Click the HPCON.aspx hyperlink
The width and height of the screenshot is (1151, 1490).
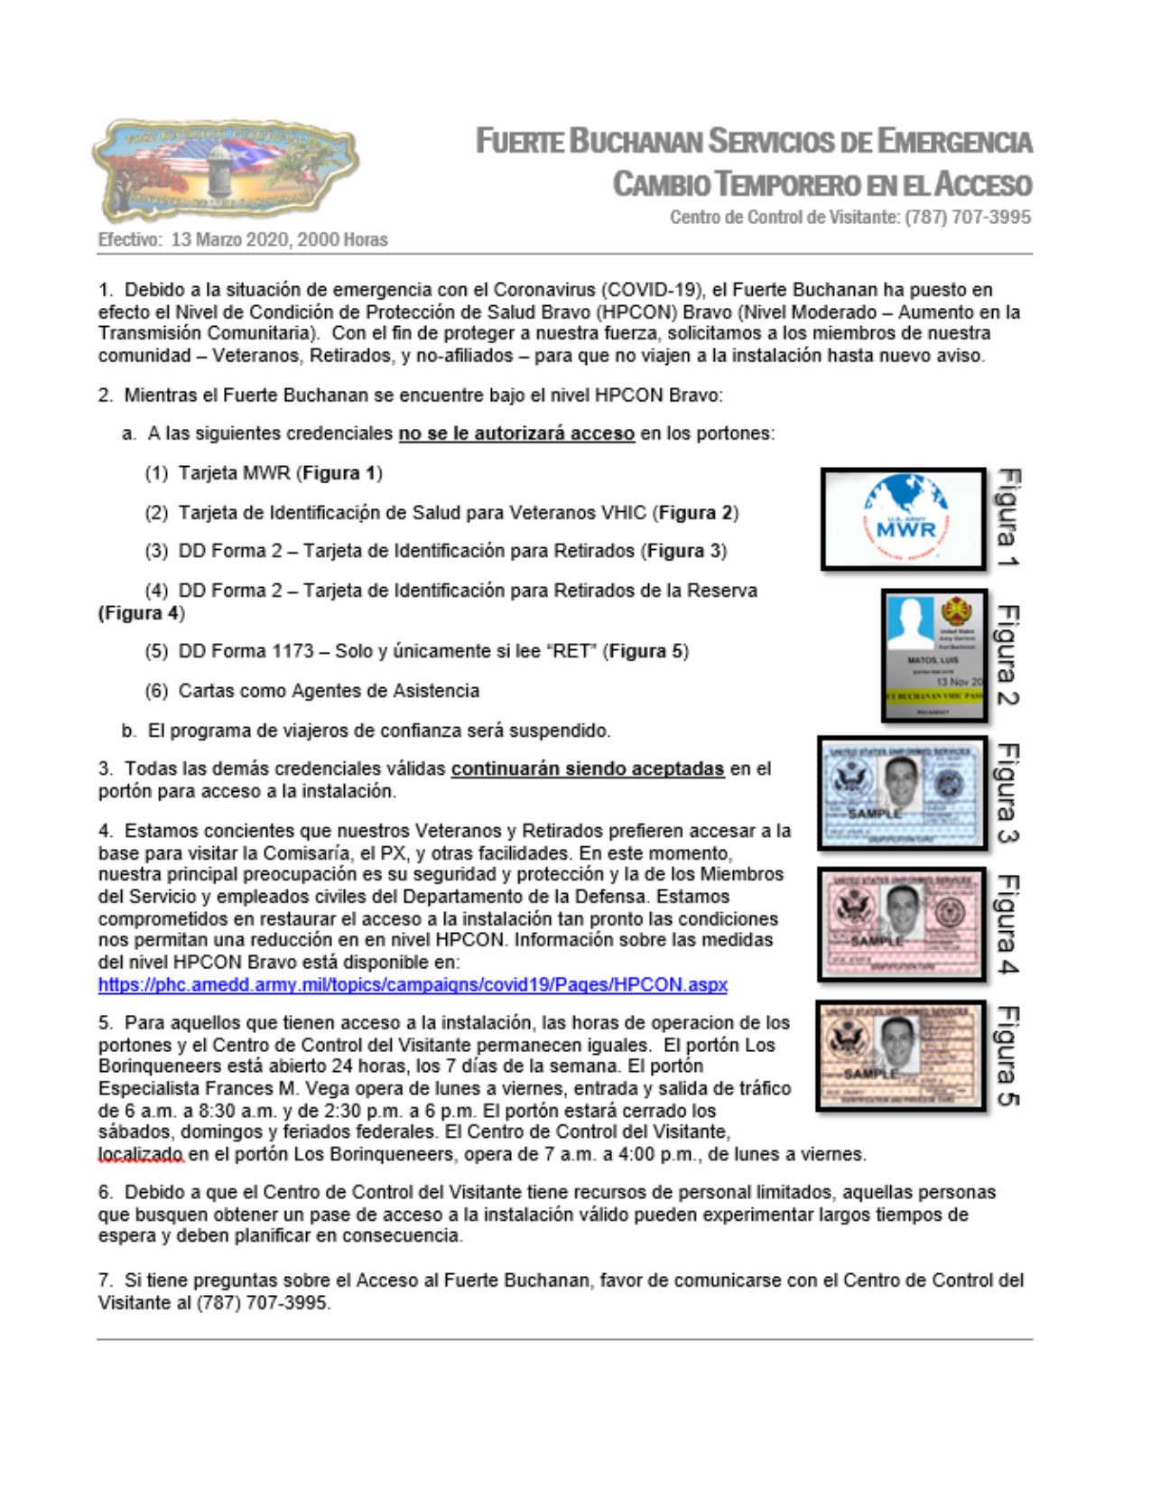pos(413,984)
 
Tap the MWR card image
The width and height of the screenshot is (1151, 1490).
pos(903,519)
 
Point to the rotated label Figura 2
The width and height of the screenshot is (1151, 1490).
pos(1007,655)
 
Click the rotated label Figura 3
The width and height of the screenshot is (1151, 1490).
pos(1007,794)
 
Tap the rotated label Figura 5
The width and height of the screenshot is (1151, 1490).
pos(1007,1056)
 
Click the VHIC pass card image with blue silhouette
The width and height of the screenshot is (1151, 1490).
pos(934,656)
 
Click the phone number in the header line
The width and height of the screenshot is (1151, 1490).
pos(968,217)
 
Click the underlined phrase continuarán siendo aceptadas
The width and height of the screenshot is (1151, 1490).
pos(587,769)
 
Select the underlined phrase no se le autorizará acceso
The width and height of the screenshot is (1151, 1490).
pos(516,433)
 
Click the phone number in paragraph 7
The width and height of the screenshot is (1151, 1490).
pos(263,1303)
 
